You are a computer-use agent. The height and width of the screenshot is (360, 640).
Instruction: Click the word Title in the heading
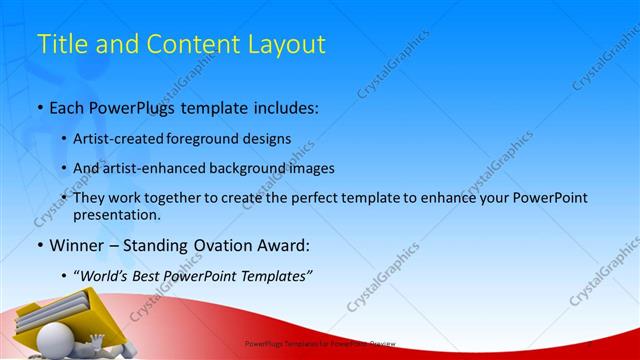[59, 44]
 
